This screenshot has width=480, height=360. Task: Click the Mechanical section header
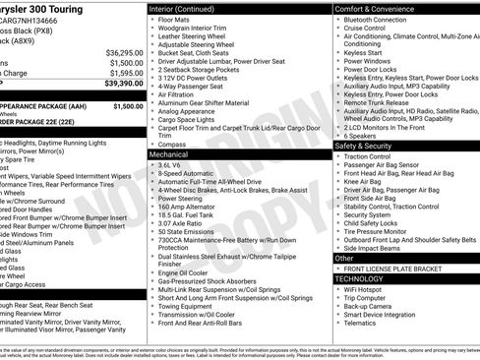point(169,154)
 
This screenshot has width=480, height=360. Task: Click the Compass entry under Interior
point(172,145)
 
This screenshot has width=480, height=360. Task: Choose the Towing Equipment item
point(186,306)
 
